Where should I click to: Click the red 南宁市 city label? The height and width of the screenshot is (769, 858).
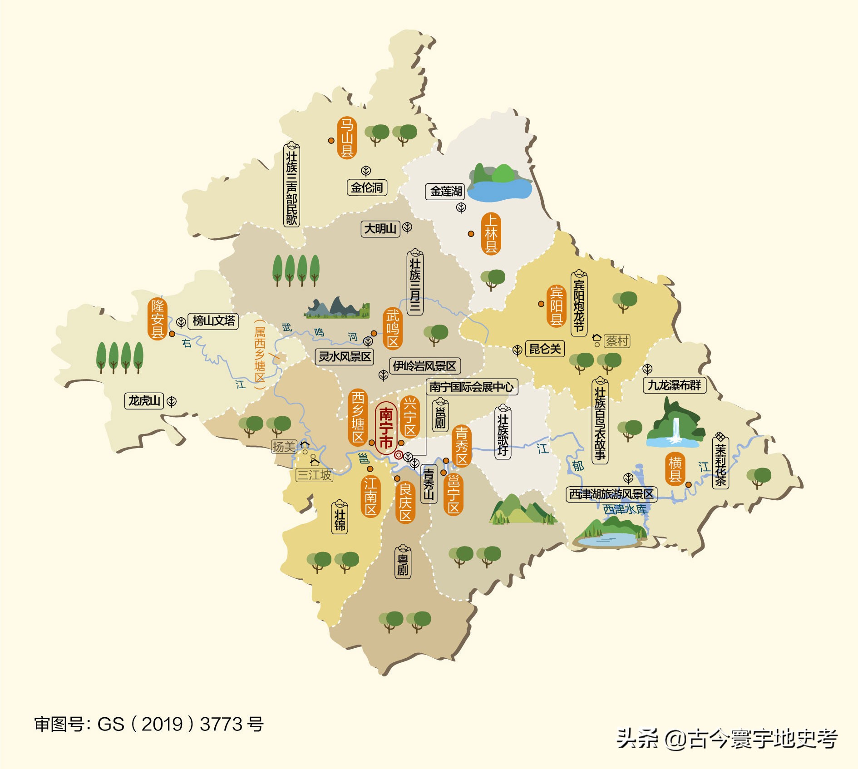coord(386,428)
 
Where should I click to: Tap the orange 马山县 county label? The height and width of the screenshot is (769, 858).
coord(347,138)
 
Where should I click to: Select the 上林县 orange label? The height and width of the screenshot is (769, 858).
coord(491,233)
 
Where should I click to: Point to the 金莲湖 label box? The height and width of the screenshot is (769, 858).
coord(445,192)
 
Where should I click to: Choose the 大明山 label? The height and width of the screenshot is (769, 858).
coord(380,228)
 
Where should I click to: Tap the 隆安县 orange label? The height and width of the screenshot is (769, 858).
coord(158,319)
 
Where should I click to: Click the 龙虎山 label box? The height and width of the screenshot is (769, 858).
coord(144,401)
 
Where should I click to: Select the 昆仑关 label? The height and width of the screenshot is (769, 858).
coord(545,349)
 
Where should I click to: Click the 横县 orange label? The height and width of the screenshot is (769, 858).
coord(675,469)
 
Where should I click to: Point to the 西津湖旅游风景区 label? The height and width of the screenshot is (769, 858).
coord(611,494)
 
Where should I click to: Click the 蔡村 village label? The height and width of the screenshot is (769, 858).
coord(617,341)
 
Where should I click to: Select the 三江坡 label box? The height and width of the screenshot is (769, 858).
coord(314,475)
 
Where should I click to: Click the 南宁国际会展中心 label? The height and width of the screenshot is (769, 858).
coord(471,387)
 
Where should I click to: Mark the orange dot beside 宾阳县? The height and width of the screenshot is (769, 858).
coord(541,304)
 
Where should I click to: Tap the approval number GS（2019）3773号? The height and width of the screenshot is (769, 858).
coord(149,724)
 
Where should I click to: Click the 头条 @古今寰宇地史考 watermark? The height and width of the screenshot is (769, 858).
coord(727,739)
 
